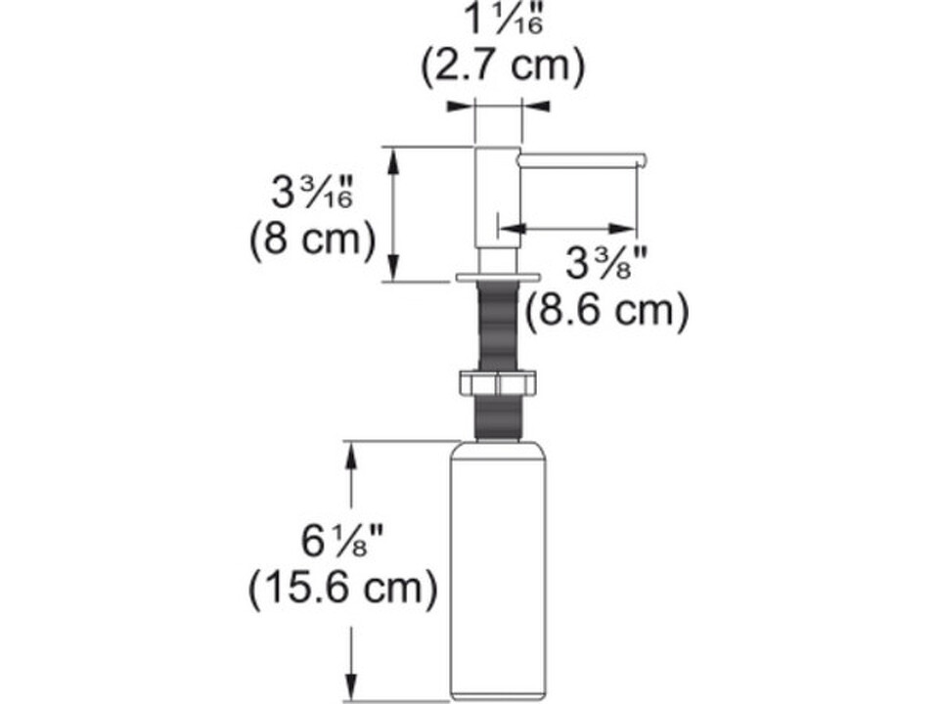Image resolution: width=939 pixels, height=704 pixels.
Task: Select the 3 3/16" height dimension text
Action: (312, 193)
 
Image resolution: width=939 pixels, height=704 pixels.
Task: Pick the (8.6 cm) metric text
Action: (607, 310)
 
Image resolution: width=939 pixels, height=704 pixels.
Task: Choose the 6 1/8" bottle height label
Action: (341, 540)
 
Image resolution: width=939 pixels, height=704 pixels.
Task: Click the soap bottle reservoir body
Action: (498, 572)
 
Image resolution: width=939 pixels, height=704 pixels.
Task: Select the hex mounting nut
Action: (497, 383)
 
